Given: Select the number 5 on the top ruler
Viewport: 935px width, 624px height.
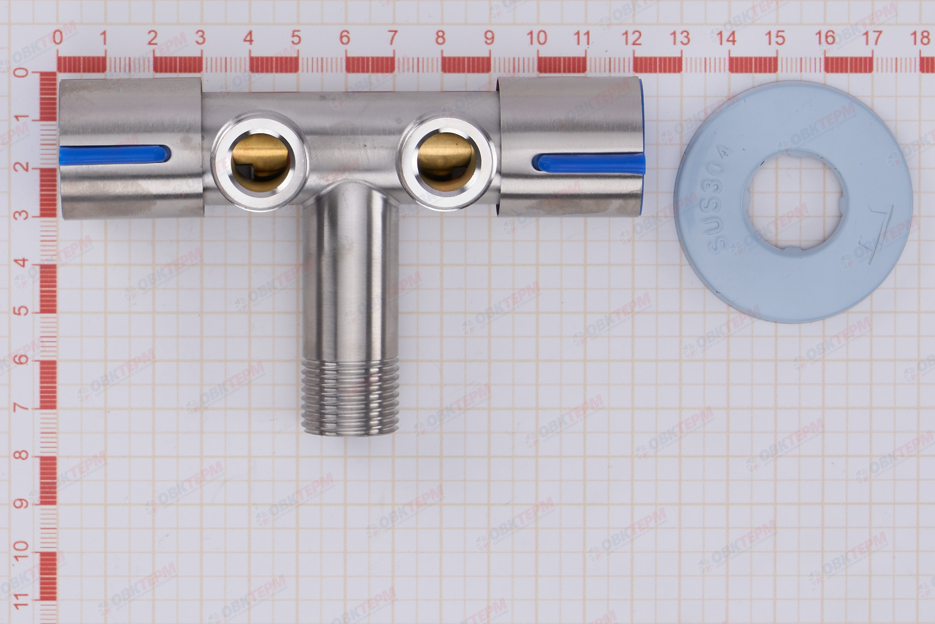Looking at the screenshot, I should (x=296, y=38).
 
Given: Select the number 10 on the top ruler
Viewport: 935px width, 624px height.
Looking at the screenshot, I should (x=537, y=38).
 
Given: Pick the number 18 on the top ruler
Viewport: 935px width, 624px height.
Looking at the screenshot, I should (x=920, y=38).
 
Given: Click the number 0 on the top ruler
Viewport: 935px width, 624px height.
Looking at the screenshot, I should (x=57, y=38).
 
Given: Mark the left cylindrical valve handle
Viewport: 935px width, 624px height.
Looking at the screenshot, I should (x=131, y=150).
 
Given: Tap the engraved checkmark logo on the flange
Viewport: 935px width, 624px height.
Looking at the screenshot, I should (x=879, y=242).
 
